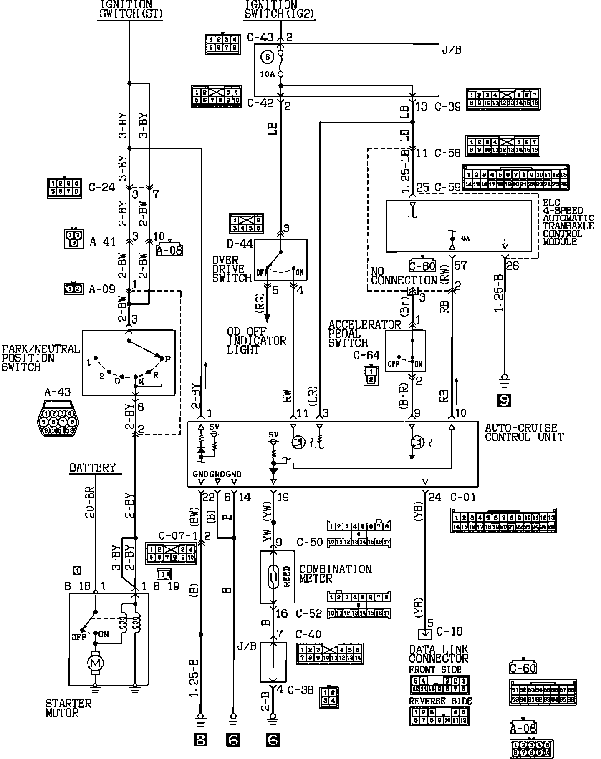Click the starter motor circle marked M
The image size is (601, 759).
tap(96, 662)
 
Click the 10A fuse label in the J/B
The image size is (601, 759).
tap(267, 75)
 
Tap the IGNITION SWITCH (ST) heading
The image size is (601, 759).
tap(130, 9)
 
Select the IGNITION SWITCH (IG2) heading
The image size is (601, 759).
tap(279, 9)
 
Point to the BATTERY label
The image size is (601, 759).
tap(93, 467)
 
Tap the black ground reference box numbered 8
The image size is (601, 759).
tap(201, 740)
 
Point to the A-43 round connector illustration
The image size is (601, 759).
tap(59, 418)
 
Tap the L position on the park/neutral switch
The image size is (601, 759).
tap(89, 363)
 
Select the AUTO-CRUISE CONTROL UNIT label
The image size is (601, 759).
tap(524, 432)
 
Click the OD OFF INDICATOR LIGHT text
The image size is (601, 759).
tap(256, 341)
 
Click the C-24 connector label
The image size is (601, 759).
tap(101, 187)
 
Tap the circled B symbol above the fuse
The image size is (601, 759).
tap(268, 57)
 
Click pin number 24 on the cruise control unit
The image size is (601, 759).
tap(435, 497)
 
